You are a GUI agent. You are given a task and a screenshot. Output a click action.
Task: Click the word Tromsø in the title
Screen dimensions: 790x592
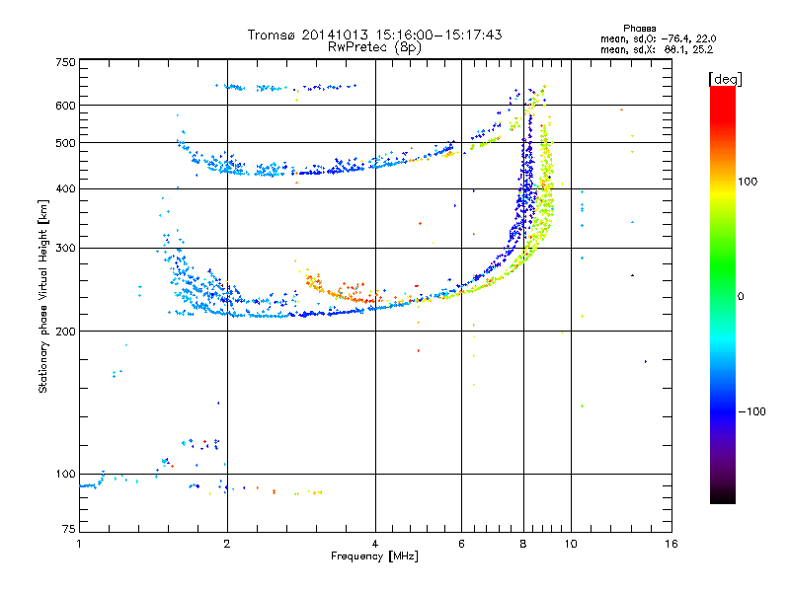[273, 35]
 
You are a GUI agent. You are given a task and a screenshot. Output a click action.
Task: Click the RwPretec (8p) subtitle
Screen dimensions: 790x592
[374, 47]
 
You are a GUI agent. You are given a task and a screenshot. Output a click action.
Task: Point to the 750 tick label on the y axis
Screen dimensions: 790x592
[65, 62]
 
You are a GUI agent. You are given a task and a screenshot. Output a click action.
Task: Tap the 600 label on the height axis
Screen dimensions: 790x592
[65, 106]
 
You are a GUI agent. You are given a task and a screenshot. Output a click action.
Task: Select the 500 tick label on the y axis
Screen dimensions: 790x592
[65, 142]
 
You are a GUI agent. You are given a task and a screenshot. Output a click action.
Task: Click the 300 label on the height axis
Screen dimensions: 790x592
[65, 248]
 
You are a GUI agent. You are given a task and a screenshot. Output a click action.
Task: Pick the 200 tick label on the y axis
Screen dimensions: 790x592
[65, 331]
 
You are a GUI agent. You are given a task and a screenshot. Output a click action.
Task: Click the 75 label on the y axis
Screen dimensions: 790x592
[69, 529]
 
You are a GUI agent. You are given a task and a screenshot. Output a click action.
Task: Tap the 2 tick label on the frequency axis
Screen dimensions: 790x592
[227, 544]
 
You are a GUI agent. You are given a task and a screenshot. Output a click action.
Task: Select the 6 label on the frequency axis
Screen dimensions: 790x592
[461, 544]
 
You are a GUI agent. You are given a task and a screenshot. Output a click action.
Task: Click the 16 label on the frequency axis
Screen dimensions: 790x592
[671, 544]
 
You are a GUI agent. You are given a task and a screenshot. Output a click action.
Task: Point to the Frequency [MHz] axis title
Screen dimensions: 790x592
[374, 556]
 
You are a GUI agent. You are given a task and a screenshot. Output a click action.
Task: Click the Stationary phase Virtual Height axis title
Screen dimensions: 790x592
[43, 297]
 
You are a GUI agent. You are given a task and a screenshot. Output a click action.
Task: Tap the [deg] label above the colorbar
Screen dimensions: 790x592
[725, 80]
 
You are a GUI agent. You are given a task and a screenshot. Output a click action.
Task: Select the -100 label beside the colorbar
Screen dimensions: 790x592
[751, 411]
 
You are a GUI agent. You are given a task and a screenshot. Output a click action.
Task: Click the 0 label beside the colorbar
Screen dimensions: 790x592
[741, 296]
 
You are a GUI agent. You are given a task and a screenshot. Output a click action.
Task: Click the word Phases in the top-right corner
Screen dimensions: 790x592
[639, 29]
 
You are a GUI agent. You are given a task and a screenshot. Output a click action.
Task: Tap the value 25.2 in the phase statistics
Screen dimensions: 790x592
[702, 49]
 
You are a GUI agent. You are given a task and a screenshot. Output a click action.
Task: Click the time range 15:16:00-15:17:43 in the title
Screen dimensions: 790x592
[438, 35]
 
